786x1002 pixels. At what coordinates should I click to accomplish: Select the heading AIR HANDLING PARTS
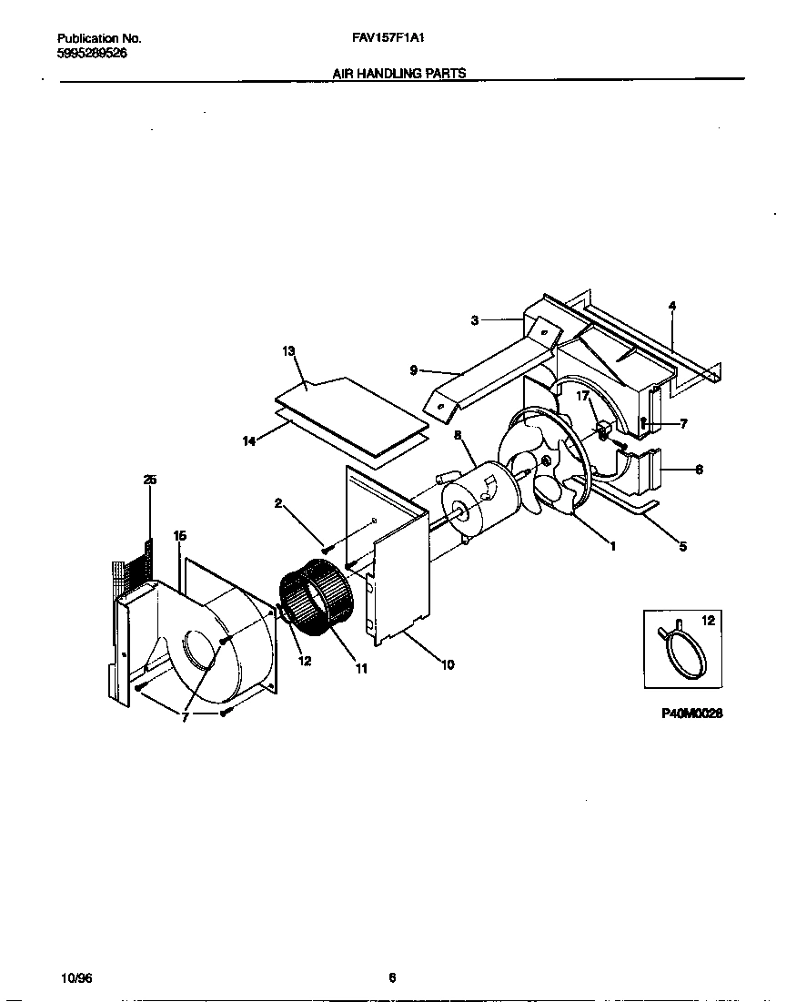pyautogui.click(x=399, y=74)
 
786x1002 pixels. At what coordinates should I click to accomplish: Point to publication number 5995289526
pyautogui.click(x=92, y=53)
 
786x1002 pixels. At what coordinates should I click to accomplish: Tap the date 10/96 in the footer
pyautogui.click(x=76, y=978)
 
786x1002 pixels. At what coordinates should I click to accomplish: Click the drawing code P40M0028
pyautogui.click(x=691, y=714)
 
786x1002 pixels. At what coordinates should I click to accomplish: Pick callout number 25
pyautogui.click(x=149, y=480)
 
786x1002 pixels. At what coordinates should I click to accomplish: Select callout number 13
pyautogui.click(x=289, y=350)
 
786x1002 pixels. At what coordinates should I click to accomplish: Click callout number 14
pyautogui.click(x=248, y=440)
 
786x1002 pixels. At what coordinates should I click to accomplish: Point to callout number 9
pyautogui.click(x=414, y=369)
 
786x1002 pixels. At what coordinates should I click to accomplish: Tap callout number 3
pyautogui.click(x=475, y=319)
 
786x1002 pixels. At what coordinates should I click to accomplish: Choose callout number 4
pyautogui.click(x=672, y=306)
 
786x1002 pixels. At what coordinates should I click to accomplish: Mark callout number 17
pyautogui.click(x=582, y=396)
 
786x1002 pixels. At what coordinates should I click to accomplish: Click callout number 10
pyautogui.click(x=447, y=665)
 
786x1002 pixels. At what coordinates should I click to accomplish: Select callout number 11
pyautogui.click(x=361, y=669)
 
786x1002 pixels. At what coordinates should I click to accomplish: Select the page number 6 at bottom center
pyautogui.click(x=392, y=978)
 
